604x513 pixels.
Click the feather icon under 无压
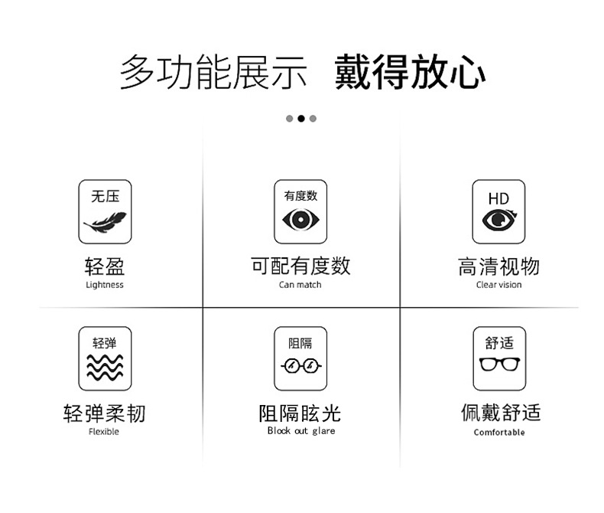[x=105, y=223]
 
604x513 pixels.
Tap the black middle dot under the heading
[x=301, y=119]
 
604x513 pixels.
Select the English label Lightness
[x=105, y=285]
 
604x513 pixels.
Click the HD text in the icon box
[x=498, y=199]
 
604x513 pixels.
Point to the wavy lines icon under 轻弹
[x=105, y=368]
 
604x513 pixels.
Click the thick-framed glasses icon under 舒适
[x=499, y=364]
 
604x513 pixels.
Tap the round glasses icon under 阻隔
[x=300, y=366]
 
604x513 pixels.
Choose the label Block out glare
[x=301, y=431]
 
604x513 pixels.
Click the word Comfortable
[x=499, y=433]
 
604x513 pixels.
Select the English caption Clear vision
[x=498, y=285]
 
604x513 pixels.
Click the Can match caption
[x=300, y=285]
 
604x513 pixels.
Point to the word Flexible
[x=104, y=432]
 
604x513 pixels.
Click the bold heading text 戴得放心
[x=410, y=72]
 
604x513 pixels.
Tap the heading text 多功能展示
[x=213, y=72]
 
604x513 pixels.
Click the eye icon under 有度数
[x=300, y=220]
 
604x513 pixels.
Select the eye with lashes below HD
[x=499, y=220]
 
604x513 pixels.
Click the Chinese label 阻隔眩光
[x=300, y=413]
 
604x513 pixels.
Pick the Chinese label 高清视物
[x=498, y=266]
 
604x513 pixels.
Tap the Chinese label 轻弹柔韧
[x=105, y=413]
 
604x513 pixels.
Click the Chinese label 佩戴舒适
[x=501, y=413]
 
